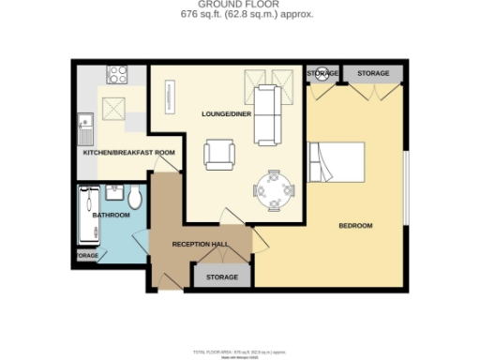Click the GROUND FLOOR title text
click(x=241, y=6)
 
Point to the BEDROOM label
click(x=355, y=226)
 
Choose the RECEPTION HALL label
click(x=200, y=244)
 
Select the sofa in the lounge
click(x=267, y=113)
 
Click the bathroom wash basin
click(x=116, y=191)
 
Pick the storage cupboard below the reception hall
click(x=221, y=277)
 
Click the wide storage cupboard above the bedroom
click(x=372, y=73)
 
